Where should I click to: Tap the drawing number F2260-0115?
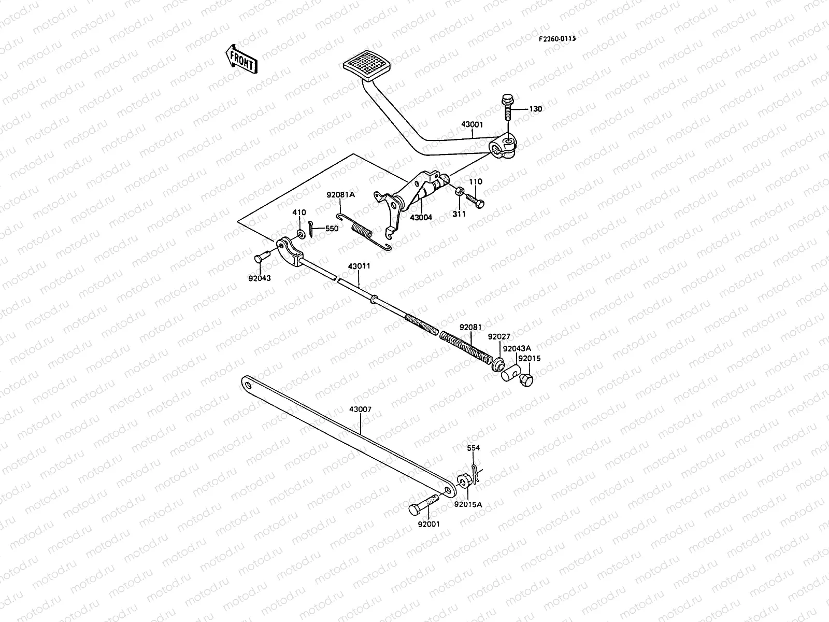(557, 39)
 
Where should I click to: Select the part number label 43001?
(473, 125)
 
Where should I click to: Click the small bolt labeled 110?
(474, 200)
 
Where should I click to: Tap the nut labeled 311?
(459, 192)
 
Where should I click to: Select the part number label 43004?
(421, 217)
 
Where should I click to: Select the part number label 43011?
(359, 266)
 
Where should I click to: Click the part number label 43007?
(360, 409)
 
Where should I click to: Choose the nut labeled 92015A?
(464, 480)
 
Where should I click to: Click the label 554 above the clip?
(473, 448)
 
